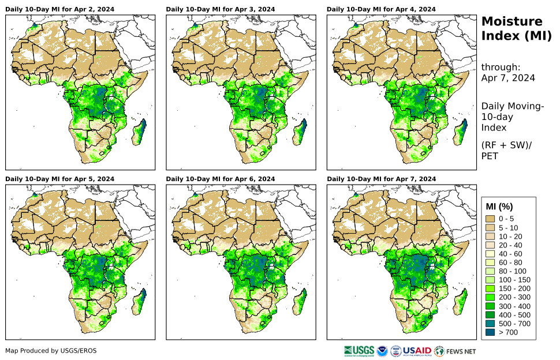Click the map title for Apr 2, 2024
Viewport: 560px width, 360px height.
pos(59,9)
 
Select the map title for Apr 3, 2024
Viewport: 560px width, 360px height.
pos(220,9)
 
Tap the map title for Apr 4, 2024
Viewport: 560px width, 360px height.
pos(381,9)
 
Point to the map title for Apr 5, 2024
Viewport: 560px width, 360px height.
pos(59,179)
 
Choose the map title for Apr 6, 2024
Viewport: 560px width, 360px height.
pos(220,179)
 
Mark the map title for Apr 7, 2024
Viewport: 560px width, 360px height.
pos(381,179)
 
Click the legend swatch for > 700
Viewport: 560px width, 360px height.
pos(491,332)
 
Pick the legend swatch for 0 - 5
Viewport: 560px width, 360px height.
pos(491,219)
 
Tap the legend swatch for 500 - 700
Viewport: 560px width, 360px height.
pos(491,324)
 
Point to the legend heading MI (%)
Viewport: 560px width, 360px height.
pos(499,207)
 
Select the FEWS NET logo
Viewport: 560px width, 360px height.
pos(456,351)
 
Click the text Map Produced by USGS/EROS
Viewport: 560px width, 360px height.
pos(51,351)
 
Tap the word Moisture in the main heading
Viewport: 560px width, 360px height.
pos(512,22)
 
